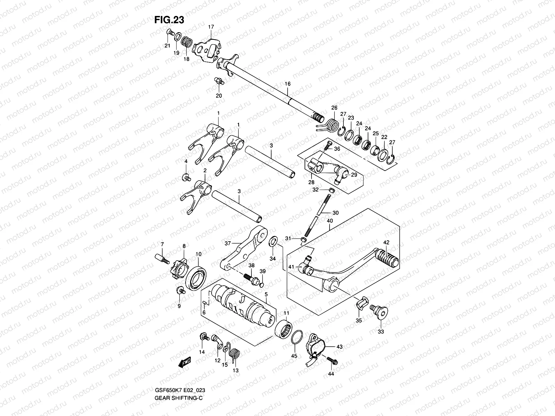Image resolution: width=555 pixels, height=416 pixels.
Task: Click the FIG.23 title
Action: [x=169, y=20]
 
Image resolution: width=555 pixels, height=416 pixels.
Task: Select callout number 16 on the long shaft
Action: [x=288, y=84]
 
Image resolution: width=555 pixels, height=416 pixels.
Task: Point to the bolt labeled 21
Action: [x=170, y=33]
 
